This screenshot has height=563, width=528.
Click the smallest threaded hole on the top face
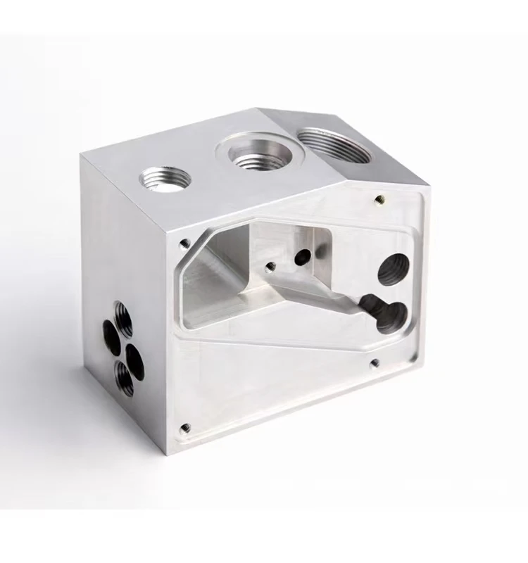[165, 179]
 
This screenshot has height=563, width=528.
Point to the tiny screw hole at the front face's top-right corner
[380, 199]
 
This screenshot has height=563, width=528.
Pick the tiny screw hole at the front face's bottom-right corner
[375, 363]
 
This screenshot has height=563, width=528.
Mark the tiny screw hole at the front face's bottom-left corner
[186, 426]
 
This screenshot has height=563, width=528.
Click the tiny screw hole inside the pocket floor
[270, 266]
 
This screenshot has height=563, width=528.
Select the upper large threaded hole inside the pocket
[393, 269]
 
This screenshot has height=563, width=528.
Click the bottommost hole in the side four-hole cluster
[124, 379]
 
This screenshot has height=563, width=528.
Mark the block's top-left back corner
[83, 156]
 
